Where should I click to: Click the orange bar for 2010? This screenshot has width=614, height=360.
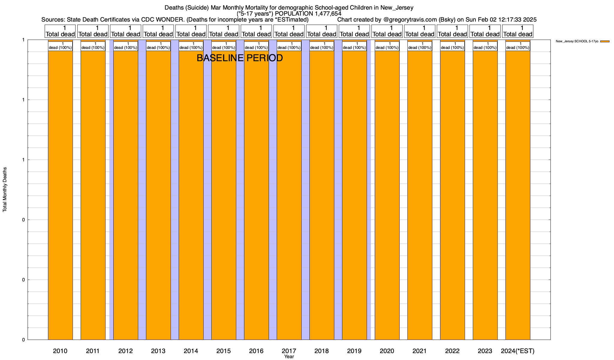60,195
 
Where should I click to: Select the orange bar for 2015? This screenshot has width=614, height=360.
224,195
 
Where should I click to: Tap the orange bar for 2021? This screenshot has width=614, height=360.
420,195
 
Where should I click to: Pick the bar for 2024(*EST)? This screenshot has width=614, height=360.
518,195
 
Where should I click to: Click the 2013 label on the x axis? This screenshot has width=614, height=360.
158,351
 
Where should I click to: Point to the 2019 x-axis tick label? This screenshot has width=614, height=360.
354,351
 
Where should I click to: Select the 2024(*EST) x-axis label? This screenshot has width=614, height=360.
518,351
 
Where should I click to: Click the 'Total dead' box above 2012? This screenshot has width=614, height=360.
126,31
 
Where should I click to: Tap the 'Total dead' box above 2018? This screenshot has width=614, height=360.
322,31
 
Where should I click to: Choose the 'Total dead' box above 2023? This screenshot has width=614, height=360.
485,31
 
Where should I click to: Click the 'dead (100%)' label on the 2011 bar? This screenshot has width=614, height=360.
93,46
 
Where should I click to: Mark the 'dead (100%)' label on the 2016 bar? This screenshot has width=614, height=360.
256,46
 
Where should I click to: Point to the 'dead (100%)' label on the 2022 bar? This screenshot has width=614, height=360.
452,46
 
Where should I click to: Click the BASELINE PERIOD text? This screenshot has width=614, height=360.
240,58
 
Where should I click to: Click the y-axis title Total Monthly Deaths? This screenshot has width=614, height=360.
5,189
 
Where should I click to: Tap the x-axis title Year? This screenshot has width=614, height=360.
289,357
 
